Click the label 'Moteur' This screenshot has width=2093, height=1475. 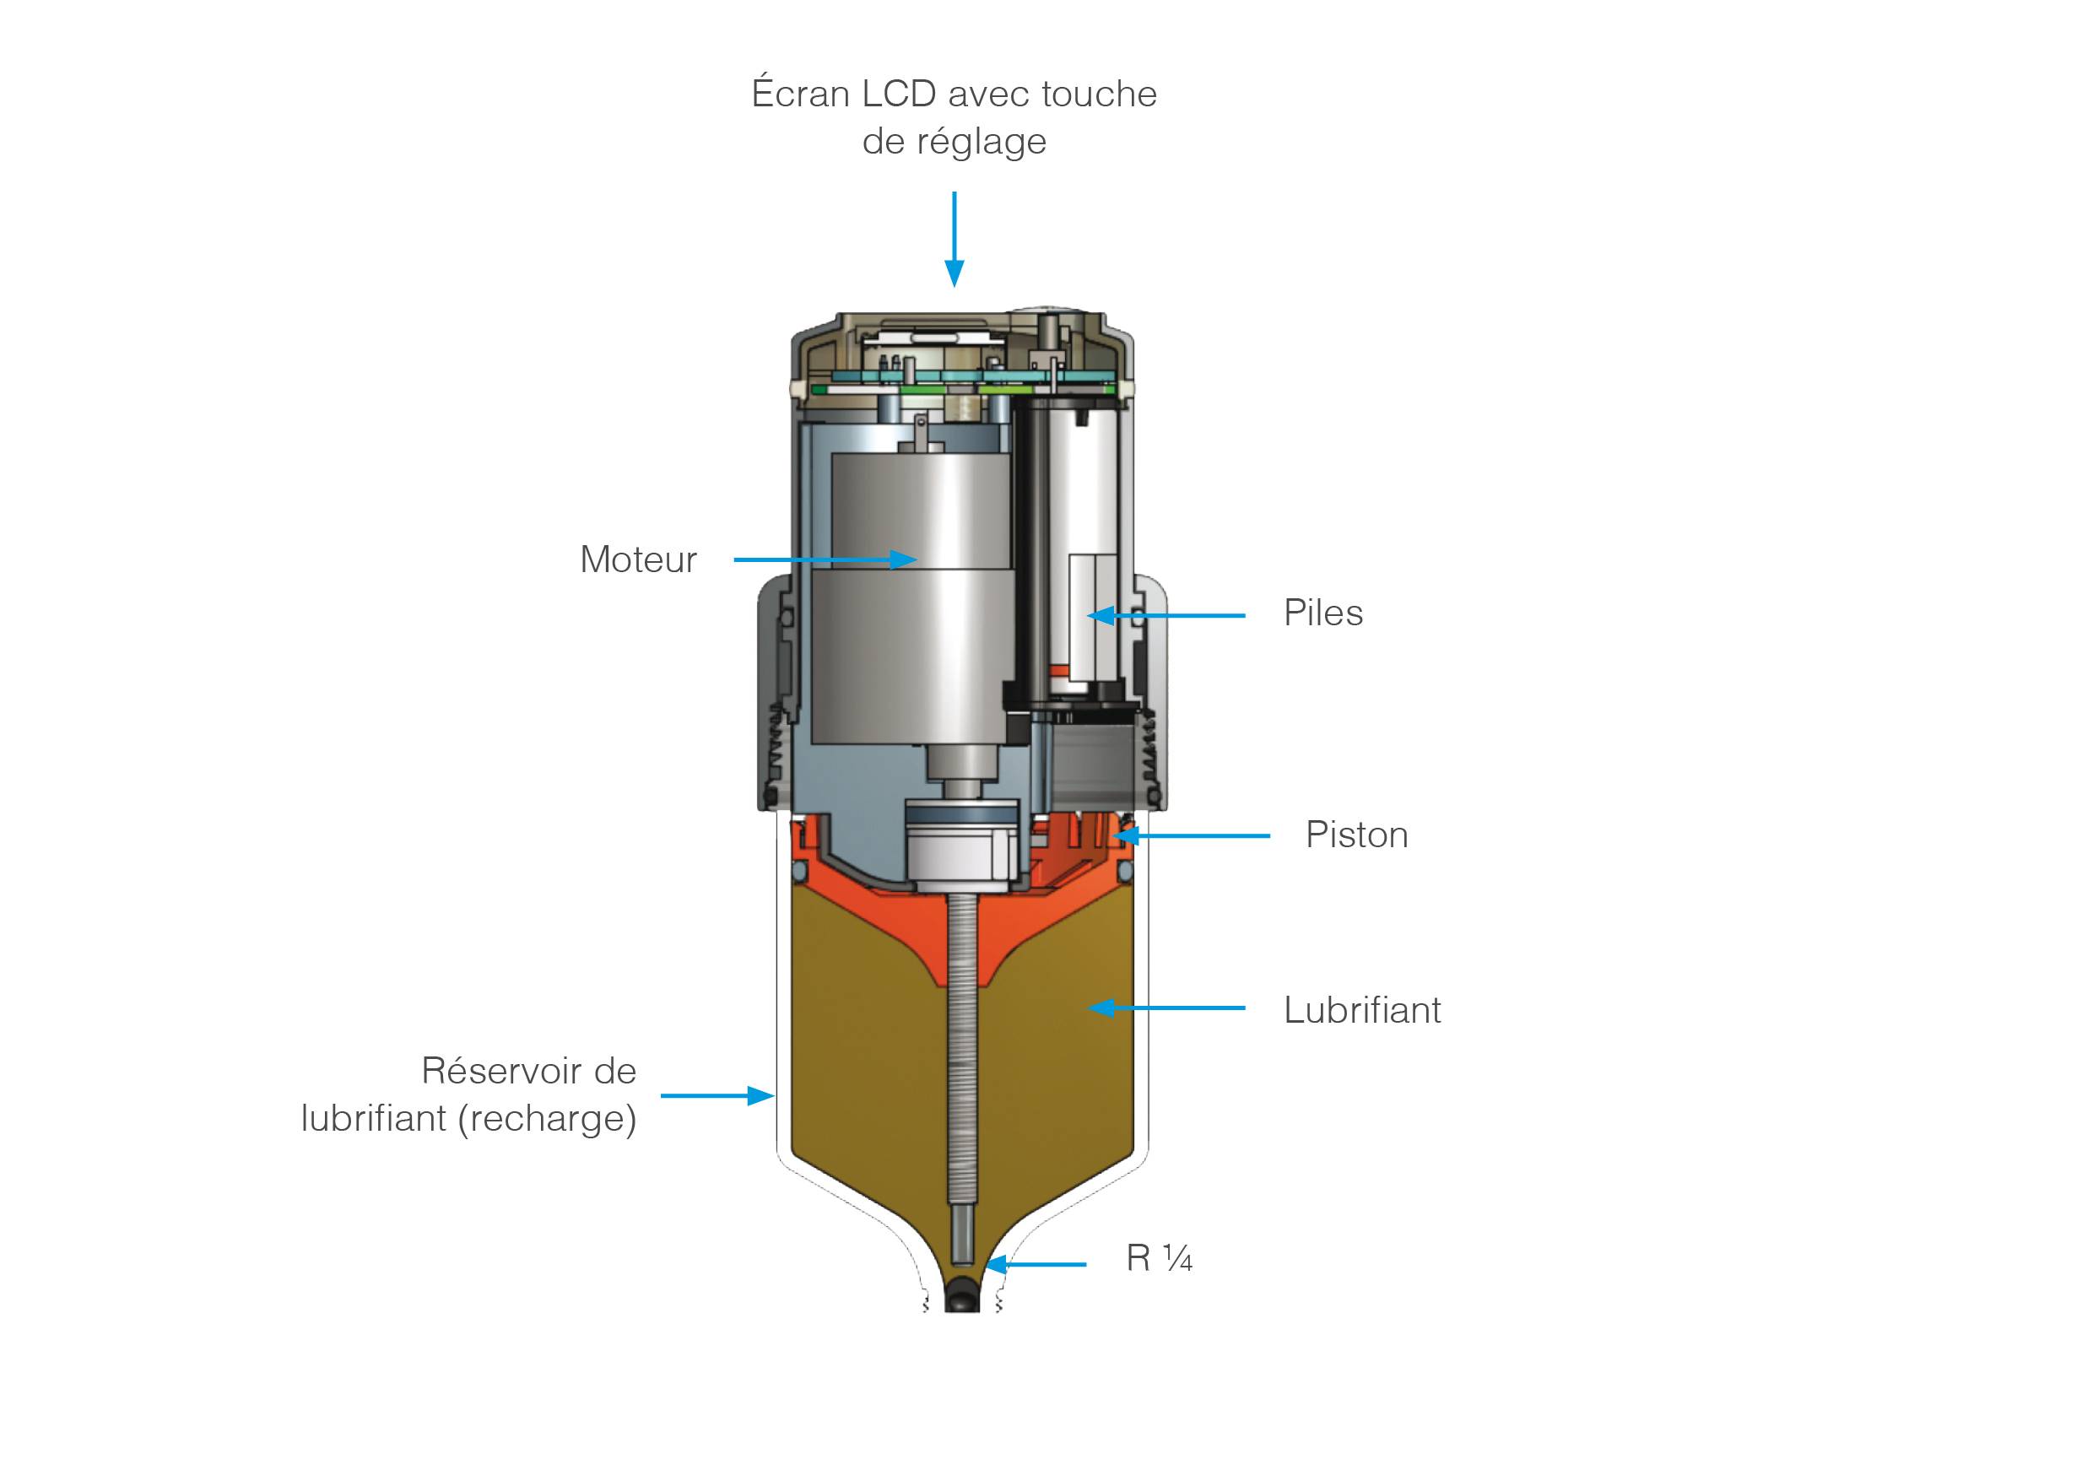(x=638, y=559)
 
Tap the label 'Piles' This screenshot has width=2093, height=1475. (x=1322, y=613)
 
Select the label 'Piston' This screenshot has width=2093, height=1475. (x=1356, y=836)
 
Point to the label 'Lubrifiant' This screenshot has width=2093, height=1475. (x=1362, y=1010)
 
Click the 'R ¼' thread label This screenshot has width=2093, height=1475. (x=1160, y=1259)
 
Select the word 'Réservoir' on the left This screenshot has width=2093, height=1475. (x=498, y=1071)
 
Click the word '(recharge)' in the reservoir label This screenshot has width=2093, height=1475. (x=547, y=1120)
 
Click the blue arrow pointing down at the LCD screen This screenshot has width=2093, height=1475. (x=955, y=239)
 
